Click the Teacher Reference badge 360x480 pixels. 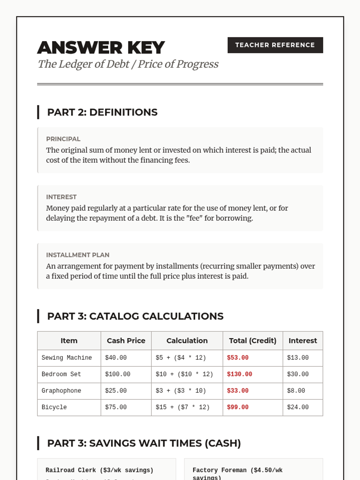tap(275, 45)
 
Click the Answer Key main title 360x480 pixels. tap(101, 47)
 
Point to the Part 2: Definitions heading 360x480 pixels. tap(102, 112)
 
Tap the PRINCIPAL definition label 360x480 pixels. tap(63, 139)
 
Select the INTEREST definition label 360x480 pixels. tap(61, 197)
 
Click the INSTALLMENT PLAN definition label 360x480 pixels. tap(78, 255)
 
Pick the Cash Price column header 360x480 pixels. tap(126, 340)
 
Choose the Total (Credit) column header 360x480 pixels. tap(253, 340)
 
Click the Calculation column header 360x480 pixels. tap(187, 340)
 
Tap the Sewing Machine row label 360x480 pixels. tap(67, 358)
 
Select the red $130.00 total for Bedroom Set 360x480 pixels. tap(239, 374)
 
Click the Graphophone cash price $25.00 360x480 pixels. tap(116, 391)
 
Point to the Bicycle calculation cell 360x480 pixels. tap(182, 407)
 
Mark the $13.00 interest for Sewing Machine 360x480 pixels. tap(298, 358)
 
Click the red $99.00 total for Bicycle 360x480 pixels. tap(238, 407)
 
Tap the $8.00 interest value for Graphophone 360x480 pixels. tap(296, 391)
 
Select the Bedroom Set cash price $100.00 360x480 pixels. tap(118, 374)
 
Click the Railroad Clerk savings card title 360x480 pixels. tap(99, 470)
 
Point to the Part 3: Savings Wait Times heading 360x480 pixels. tap(144, 443)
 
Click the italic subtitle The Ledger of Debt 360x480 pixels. tap(128, 64)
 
